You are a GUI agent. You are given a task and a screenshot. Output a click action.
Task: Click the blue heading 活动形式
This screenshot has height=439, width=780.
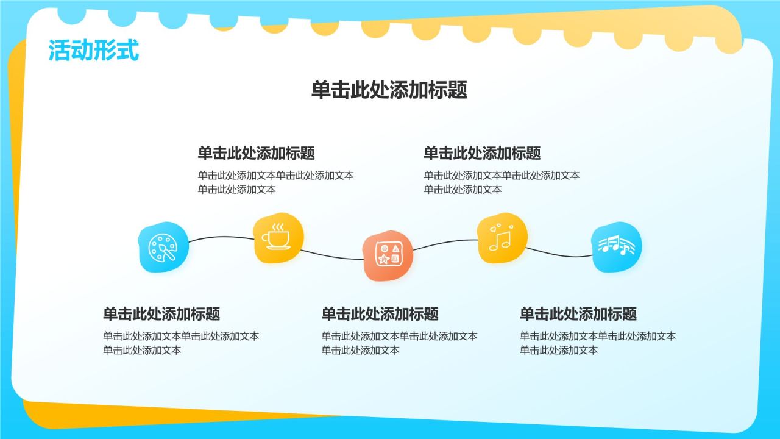(94, 51)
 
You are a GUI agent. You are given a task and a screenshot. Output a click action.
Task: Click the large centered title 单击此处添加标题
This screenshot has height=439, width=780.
(389, 90)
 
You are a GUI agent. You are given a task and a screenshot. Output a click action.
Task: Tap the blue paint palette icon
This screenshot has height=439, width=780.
(163, 247)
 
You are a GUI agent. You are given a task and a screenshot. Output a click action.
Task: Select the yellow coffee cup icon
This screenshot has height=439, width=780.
(278, 238)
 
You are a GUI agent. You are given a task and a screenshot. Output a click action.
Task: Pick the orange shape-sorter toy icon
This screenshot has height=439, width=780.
(388, 255)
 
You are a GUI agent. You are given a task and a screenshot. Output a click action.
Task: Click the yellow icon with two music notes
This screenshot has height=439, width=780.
(502, 238)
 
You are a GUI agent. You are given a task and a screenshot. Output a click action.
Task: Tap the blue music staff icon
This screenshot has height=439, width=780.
(617, 246)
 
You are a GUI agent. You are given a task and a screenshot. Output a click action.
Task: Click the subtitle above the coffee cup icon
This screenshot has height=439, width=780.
(256, 152)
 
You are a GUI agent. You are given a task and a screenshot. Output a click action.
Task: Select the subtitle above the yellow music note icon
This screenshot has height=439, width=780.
(482, 152)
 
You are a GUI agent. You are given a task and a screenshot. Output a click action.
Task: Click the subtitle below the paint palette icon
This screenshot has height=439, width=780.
(161, 314)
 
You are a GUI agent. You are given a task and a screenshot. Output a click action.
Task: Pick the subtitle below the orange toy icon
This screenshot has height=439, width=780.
(380, 314)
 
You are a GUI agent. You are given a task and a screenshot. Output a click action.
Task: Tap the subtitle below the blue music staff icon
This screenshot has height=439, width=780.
(578, 314)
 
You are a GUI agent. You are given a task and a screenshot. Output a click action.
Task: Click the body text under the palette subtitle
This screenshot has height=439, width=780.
(180, 343)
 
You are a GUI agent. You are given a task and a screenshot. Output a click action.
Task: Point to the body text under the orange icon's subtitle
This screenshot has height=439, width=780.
(399, 343)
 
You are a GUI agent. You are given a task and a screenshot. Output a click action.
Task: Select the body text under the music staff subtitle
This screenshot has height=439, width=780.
(597, 343)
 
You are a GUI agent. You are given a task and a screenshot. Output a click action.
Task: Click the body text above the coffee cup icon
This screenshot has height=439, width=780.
(275, 182)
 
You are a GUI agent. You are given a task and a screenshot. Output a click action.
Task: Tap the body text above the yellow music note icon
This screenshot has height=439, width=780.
(502, 182)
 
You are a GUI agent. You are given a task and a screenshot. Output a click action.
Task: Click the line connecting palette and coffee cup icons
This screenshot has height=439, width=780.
(221, 237)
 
